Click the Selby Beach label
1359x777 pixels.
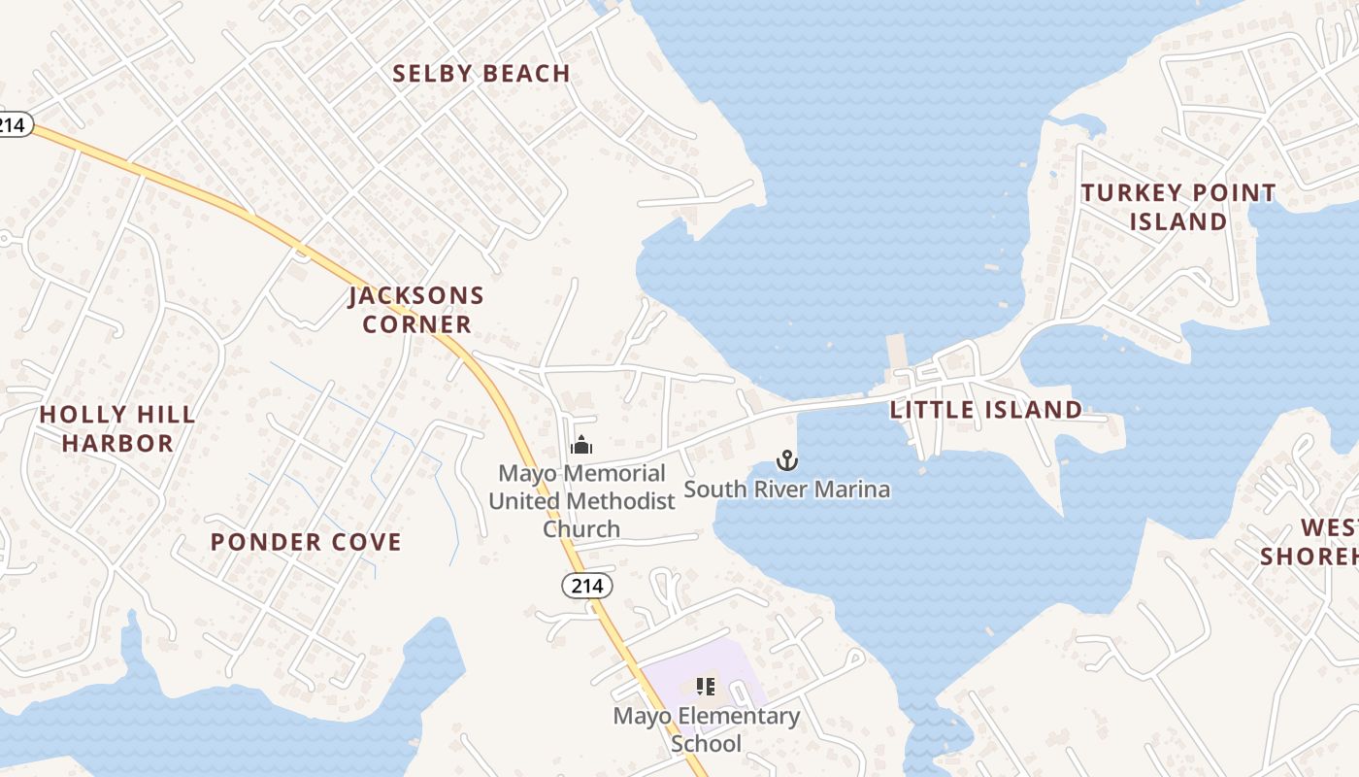(481, 74)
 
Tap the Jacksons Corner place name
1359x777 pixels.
(416, 309)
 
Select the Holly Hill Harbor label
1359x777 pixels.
(117, 429)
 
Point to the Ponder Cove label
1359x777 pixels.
(306, 542)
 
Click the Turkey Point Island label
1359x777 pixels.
(1178, 207)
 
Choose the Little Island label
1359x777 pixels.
(986, 410)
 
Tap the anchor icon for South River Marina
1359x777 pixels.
(787, 459)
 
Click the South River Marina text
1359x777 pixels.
(787, 489)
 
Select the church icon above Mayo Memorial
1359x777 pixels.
(581, 446)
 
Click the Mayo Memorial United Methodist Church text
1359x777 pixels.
(581, 501)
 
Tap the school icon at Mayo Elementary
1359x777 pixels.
(706, 688)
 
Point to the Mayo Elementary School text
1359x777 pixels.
(707, 730)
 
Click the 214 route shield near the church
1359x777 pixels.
(587, 586)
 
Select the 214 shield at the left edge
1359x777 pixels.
(13, 124)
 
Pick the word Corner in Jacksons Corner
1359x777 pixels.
(417, 324)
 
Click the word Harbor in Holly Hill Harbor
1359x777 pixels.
(117, 444)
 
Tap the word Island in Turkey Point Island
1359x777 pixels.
(1178, 222)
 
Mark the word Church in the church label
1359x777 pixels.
(580, 529)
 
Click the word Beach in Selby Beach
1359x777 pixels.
(526, 74)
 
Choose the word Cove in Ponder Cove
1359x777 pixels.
(365, 542)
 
